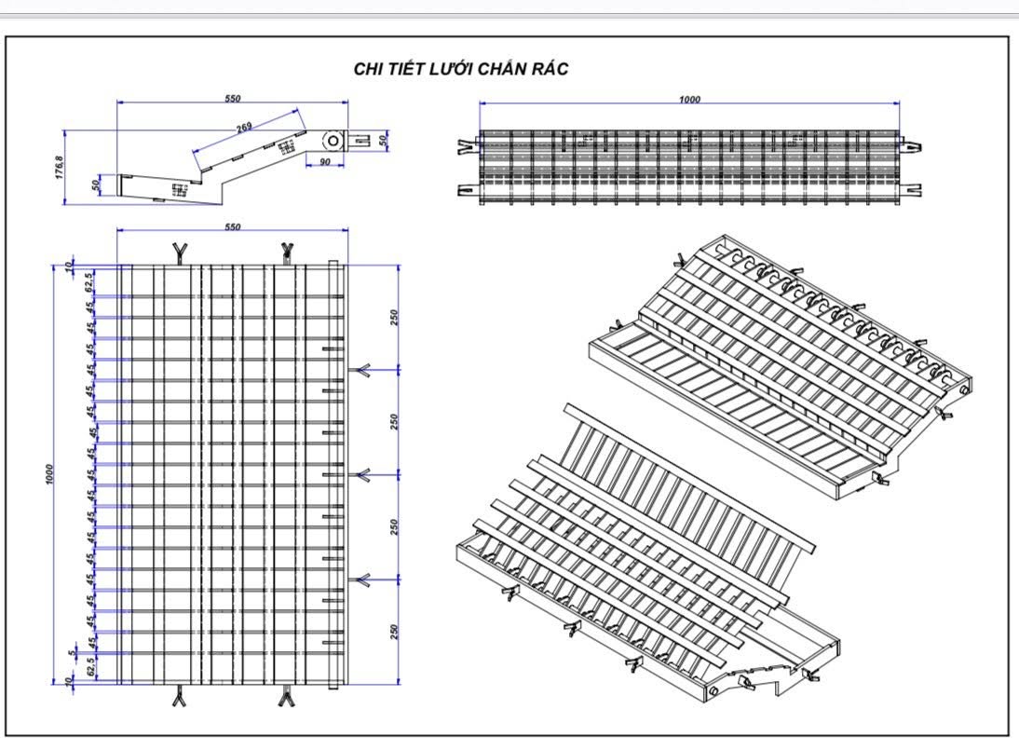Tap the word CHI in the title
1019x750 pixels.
coord(370,69)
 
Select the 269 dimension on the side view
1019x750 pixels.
coord(244,127)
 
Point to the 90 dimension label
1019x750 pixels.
coord(325,161)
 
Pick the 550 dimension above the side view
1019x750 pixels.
coord(232,98)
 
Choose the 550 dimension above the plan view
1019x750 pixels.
coord(232,226)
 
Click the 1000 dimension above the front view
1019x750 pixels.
coord(689,100)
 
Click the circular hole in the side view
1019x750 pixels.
coord(332,140)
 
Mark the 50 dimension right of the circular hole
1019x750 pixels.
coord(383,141)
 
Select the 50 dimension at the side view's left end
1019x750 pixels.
coord(97,184)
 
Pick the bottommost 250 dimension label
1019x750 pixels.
coord(394,633)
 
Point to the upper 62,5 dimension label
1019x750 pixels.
coord(90,282)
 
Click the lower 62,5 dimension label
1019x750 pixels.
coord(90,667)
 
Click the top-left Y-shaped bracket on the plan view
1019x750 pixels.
coord(179,250)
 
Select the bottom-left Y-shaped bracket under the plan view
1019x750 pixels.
coord(179,697)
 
